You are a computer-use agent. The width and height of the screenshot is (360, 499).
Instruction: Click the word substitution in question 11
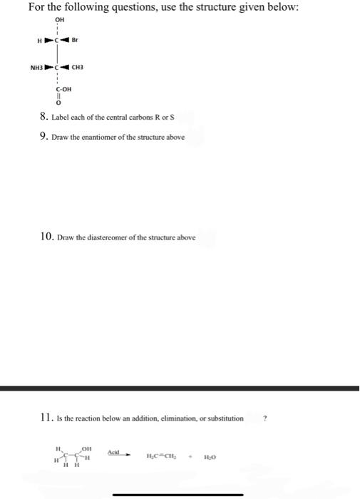coord(222,418)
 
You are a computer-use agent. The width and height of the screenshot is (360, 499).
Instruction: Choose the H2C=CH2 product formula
coord(161,456)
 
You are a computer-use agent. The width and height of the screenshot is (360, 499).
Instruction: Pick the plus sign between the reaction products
coord(190,456)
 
